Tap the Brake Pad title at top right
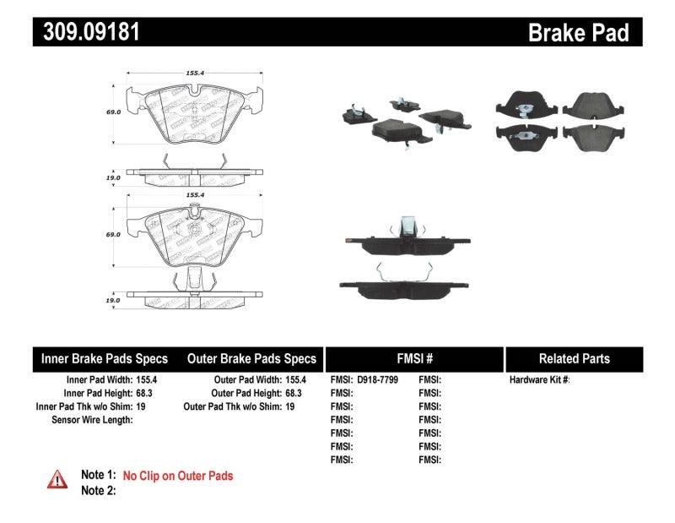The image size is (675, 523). click(x=578, y=32)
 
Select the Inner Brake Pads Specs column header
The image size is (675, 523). click(x=105, y=358)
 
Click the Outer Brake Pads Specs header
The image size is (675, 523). click(x=251, y=358)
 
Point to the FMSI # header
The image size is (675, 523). click(x=414, y=358)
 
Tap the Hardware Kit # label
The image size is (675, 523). click(x=539, y=380)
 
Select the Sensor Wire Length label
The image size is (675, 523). click(x=92, y=419)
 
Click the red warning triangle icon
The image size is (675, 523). click(x=57, y=479)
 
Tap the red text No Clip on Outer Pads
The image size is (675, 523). click(x=178, y=476)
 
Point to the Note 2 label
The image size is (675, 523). click(x=98, y=490)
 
